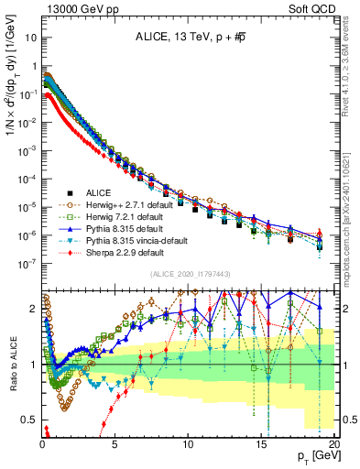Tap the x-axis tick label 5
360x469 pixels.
(115, 442)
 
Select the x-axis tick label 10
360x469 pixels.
(187, 442)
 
